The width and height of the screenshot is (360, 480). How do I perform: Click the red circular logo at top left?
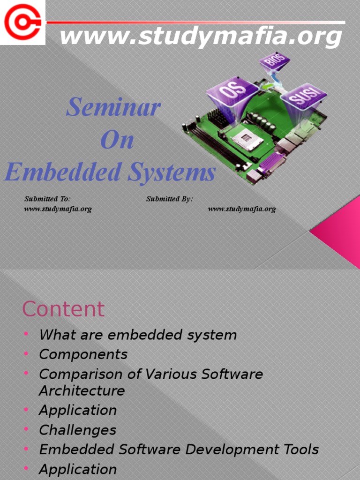point(22,22)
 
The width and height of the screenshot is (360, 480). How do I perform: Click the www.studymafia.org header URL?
point(201,37)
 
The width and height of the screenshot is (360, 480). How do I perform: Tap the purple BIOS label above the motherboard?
point(275,62)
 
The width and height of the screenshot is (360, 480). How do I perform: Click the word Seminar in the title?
point(113,107)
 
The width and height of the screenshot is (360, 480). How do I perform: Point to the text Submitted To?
point(47,199)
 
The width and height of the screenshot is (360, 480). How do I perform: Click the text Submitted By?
point(169,199)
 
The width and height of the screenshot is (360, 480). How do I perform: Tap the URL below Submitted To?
point(58,209)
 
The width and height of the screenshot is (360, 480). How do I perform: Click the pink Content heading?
point(63,309)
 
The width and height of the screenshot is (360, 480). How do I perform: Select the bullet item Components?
point(83,354)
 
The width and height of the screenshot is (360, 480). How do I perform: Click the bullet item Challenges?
point(77,430)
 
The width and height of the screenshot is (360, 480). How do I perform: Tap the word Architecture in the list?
point(82,390)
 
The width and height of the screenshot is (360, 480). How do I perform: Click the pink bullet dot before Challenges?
point(26,429)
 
